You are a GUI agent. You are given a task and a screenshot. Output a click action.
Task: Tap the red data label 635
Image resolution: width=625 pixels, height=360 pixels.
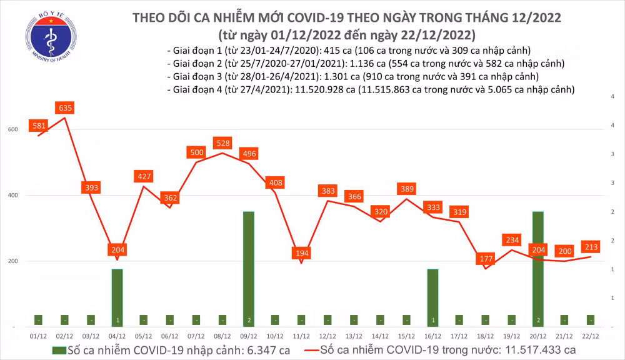(x=64, y=108)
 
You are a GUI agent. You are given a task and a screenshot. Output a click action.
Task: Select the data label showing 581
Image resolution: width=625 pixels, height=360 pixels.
(x=39, y=126)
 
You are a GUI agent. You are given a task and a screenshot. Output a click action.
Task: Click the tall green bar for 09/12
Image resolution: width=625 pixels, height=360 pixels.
(x=249, y=269)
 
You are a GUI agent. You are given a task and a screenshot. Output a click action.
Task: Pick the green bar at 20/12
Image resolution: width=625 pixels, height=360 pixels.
(x=538, y=269)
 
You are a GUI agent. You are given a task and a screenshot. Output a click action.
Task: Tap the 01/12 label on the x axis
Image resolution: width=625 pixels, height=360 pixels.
(x=39, y=336)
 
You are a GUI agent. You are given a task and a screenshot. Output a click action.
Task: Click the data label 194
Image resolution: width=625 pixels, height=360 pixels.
(x=302, y=253)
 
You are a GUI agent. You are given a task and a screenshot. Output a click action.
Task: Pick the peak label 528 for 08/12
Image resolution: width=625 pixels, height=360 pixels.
(x=222, y=144)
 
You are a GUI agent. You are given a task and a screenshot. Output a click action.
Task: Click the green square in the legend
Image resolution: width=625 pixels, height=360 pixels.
(x=58, y=349)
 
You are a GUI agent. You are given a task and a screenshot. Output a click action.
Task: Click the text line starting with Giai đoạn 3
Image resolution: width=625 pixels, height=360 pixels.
(x=353, y=76)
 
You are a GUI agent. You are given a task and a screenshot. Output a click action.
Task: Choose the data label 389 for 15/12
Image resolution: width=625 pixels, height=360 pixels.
(x=407, y=189)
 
